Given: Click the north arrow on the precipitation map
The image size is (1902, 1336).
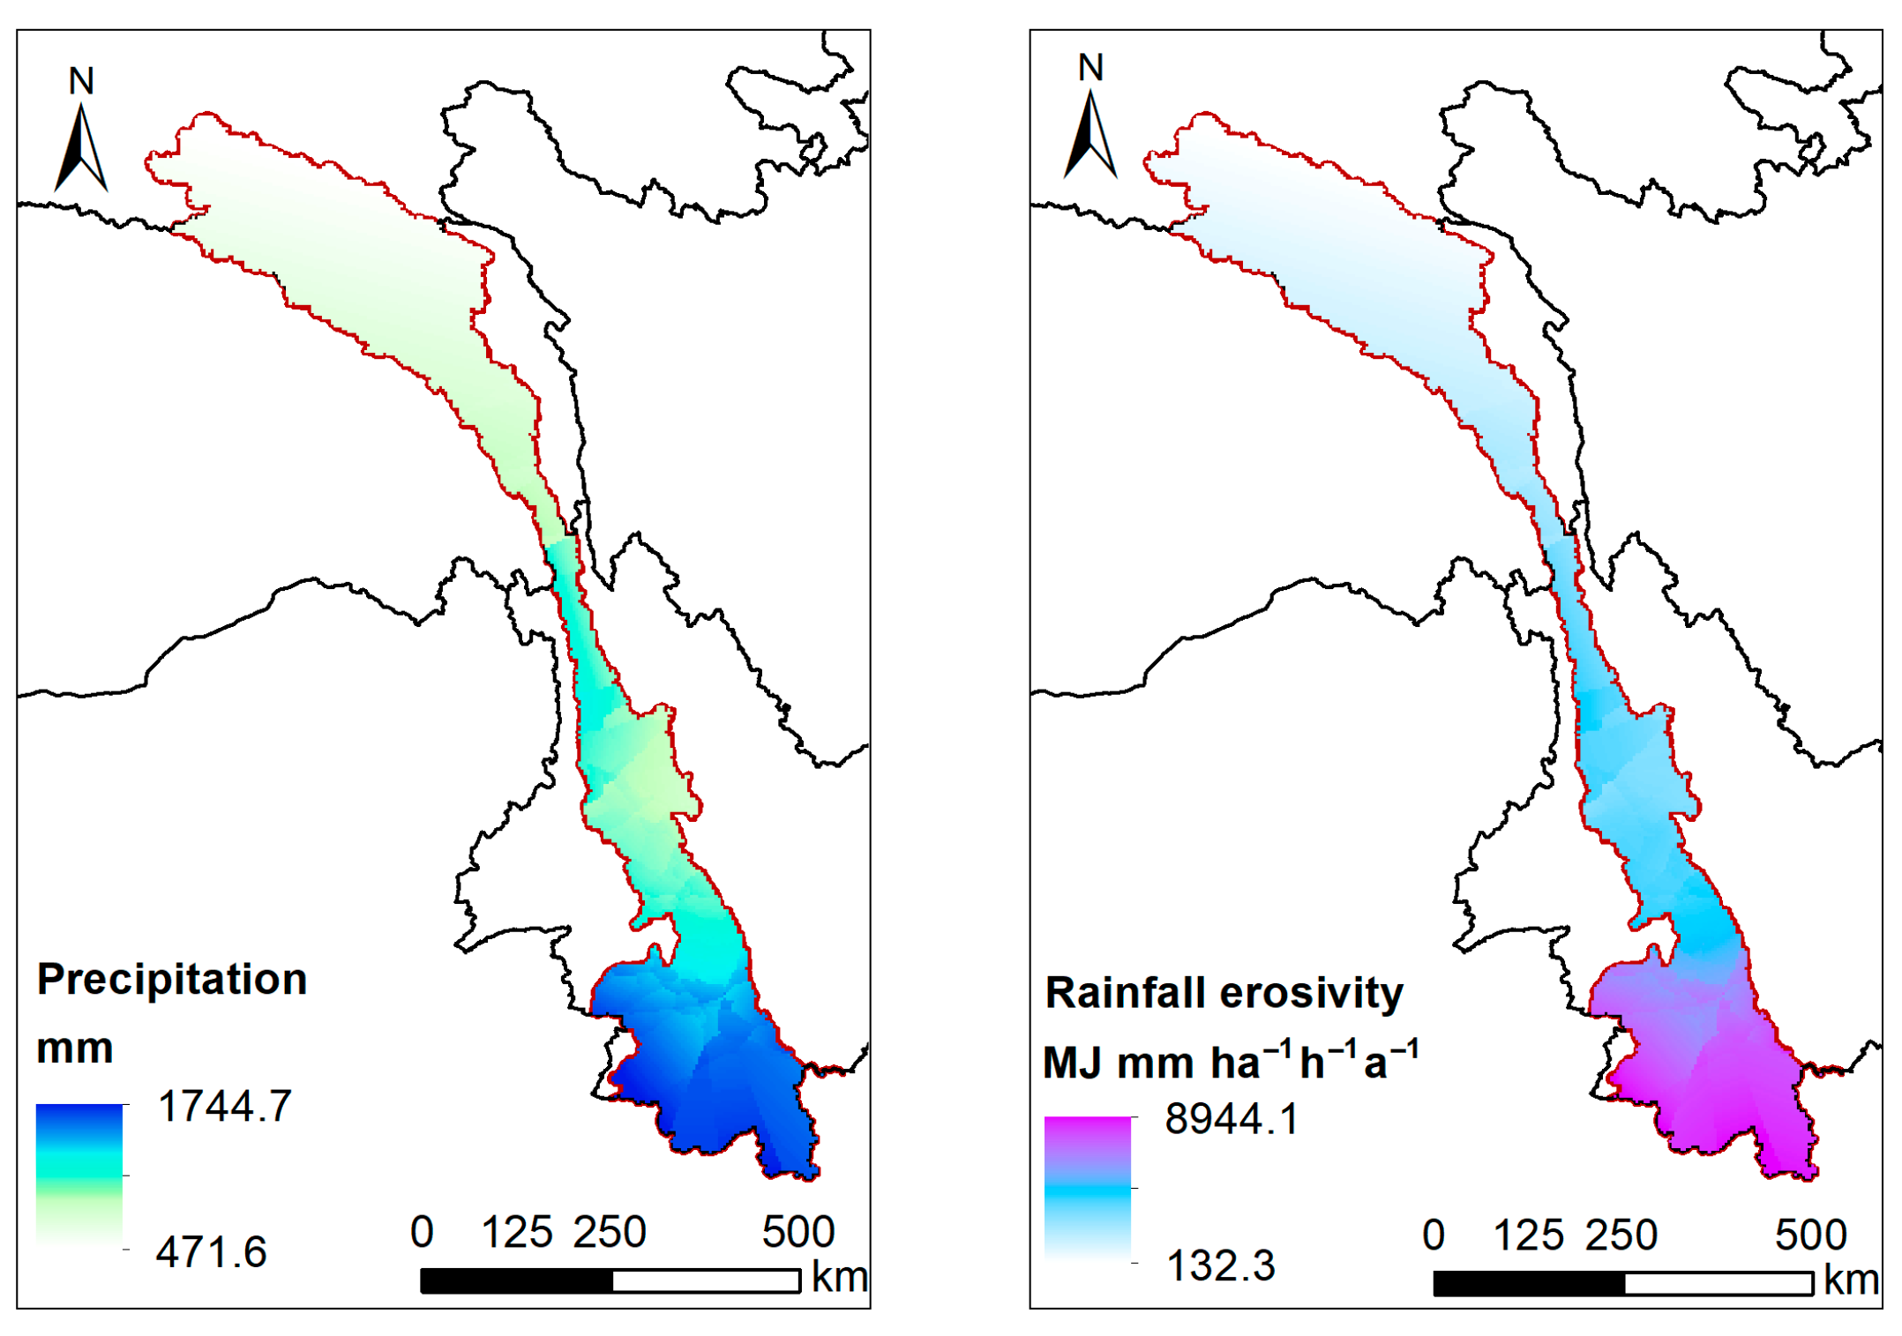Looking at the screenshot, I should [80, 148].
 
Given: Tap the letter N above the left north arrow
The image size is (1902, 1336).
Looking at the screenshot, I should [81, 81].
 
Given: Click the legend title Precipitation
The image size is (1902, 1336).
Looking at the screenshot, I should [172, 979].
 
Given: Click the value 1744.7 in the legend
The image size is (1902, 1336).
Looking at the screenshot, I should [224, 1106].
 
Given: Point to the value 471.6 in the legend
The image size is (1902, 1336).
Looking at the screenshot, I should [211, 1251].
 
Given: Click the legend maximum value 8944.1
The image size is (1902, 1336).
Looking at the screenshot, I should [1232, 1119].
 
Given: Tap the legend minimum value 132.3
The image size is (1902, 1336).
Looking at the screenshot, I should [1220, 1265].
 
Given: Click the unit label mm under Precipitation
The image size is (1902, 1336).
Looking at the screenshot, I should [75, 1049].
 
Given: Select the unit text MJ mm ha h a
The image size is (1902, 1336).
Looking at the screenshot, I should [1231, 1061].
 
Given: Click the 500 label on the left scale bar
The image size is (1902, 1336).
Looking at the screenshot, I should [797, 1232].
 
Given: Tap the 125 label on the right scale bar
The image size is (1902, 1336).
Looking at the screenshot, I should [1528, 1235].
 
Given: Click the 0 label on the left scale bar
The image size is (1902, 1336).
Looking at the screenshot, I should [422, 1232].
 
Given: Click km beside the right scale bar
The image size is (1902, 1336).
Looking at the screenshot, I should [1851, 1280].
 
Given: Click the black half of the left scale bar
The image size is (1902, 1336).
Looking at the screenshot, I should [517, 1280].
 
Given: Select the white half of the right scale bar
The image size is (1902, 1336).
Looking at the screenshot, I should [1718, 1283].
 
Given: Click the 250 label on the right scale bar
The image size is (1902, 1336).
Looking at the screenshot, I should [1621, 1235].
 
